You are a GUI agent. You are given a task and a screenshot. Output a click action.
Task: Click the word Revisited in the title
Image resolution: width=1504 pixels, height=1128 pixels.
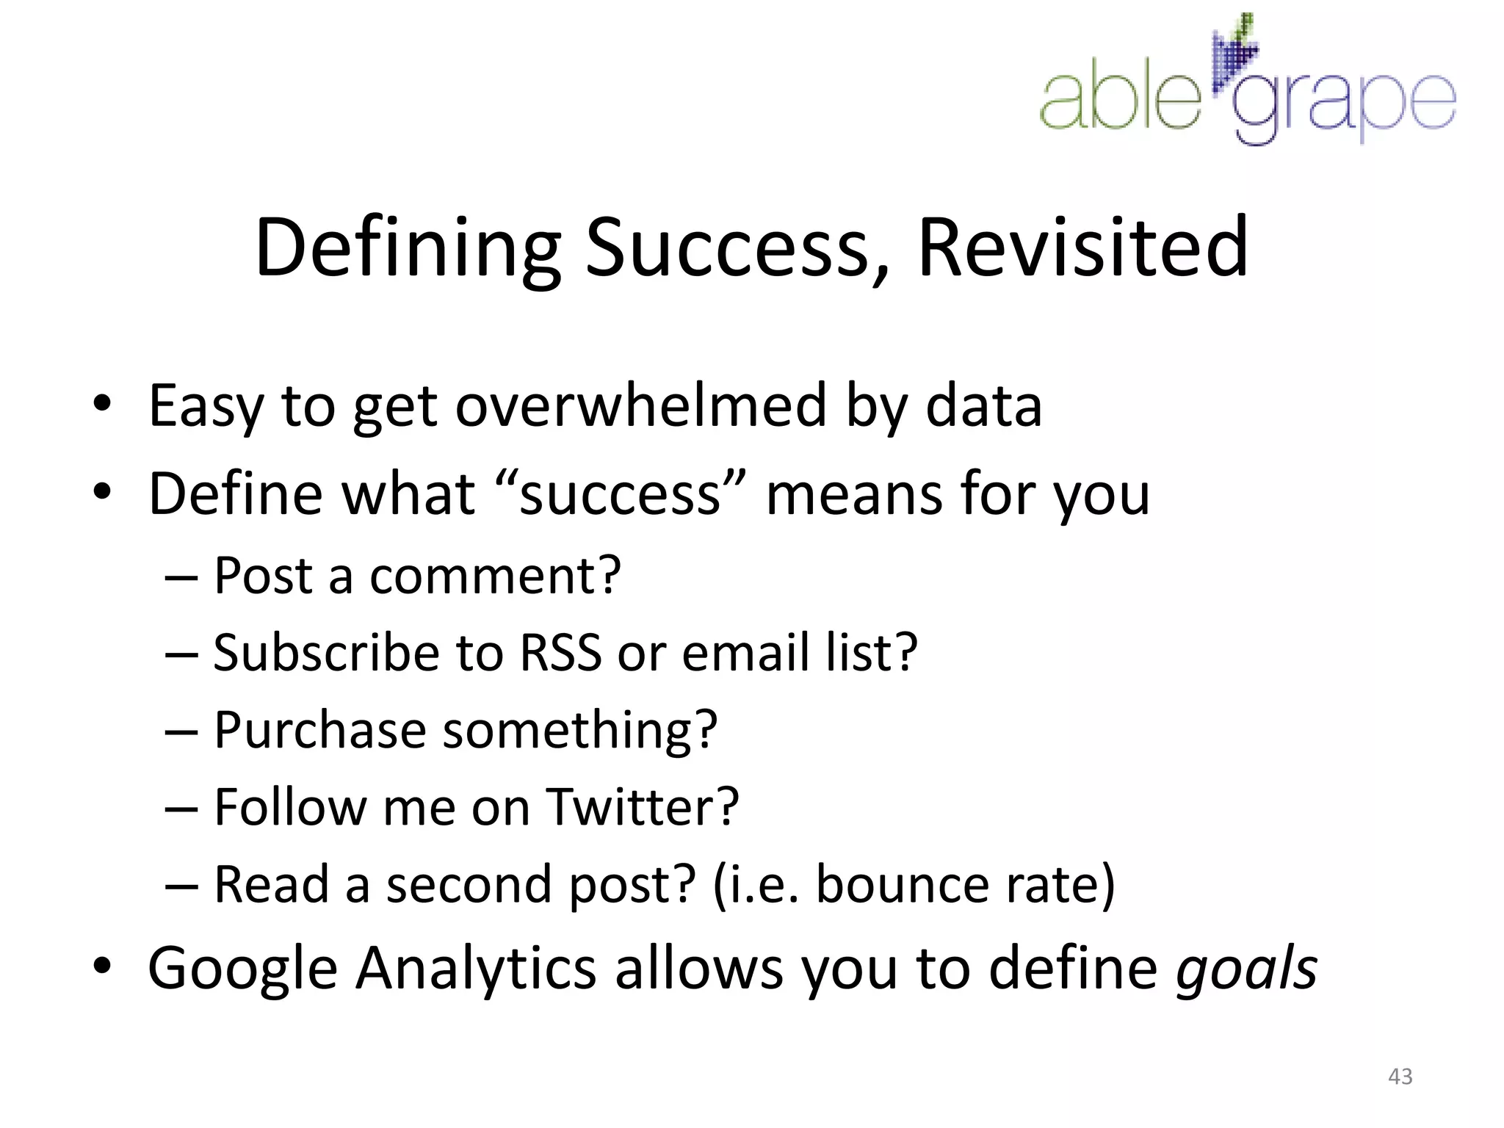1082,247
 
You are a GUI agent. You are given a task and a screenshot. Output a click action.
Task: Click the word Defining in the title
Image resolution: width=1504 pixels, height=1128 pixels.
408,247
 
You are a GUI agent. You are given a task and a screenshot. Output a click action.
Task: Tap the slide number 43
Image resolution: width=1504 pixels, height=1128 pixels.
1400,1076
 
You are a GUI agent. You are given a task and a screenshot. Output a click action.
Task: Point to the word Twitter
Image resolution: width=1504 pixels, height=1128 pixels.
643,807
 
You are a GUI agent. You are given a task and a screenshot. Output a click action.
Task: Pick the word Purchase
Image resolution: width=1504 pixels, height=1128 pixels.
319,730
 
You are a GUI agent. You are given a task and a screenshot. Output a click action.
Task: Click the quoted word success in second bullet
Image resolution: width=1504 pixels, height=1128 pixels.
621,494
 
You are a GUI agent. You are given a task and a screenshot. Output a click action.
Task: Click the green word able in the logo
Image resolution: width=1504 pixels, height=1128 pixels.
1119,101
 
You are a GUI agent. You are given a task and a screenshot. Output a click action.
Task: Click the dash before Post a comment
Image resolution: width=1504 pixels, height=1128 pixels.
181,577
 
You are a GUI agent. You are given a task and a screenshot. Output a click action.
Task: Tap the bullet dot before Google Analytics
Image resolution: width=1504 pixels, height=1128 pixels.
102,968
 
